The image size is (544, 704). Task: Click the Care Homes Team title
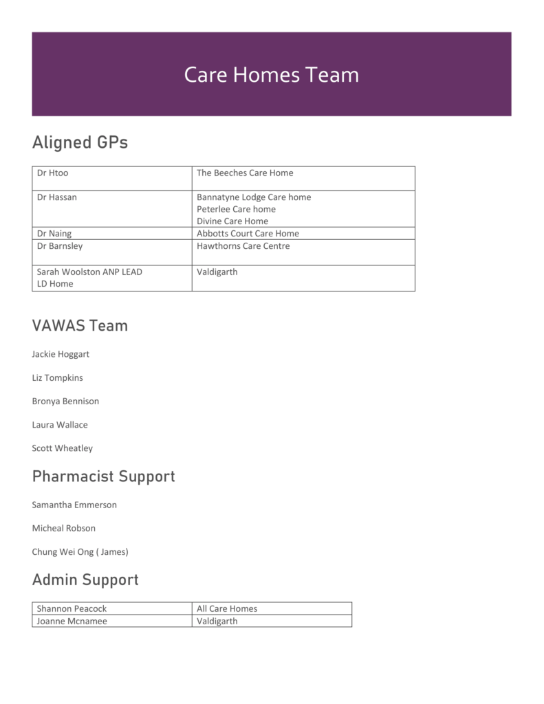point(271,74)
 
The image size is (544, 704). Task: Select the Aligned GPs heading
point(80,142)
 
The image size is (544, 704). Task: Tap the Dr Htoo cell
point(53,173)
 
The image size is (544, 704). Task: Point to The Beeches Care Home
point(245,173)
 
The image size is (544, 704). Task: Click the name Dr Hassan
point(57,197)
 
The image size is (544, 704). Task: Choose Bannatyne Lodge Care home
point(254,197)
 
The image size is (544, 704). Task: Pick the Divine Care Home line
point(232,221)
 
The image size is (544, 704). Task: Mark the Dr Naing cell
point(54,234)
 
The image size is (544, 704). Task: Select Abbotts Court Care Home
point(248,234)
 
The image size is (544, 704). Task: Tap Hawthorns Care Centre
point(243,246)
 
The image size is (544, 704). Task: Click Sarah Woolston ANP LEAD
point(89,272)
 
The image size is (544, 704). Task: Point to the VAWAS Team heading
point(80,325)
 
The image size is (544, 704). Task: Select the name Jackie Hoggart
point(61,354)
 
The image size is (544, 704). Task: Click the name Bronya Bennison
point(65,401)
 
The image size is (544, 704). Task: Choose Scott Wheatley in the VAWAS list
point(62,448)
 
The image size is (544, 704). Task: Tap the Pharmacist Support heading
point(103,476)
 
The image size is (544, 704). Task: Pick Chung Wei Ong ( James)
point(80,551)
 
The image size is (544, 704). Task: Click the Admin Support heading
point(85,580)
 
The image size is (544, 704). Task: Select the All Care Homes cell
point(227,608)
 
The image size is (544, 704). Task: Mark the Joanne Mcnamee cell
point(72,621)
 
